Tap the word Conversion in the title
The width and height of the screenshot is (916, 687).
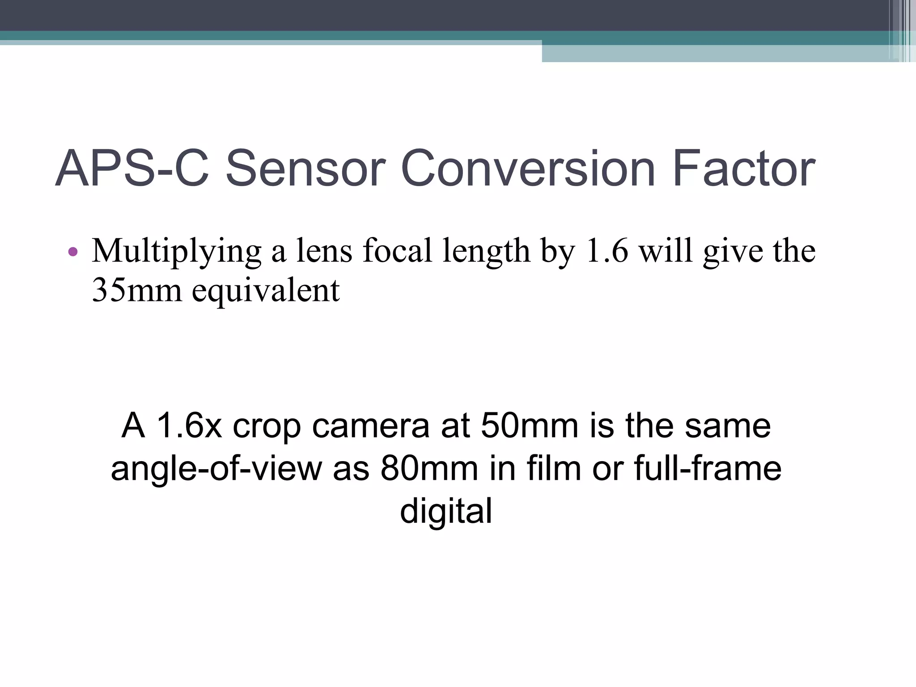[528, 169]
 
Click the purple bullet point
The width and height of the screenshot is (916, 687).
[73, 252]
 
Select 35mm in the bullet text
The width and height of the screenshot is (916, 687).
[136, 290]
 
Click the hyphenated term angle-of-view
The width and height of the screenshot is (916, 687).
[216, 470]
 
